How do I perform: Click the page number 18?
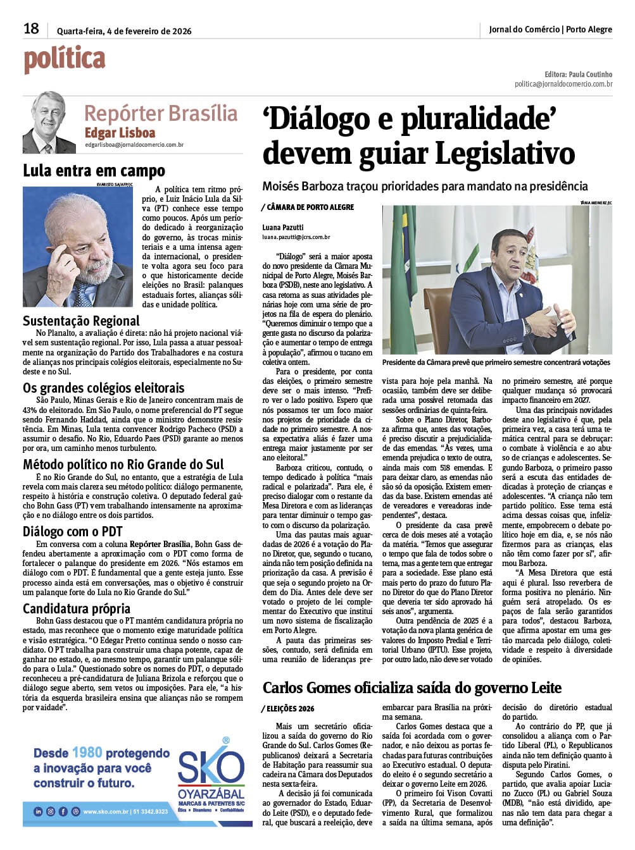(x=31, y=28)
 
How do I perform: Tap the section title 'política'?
(x=65, y=59)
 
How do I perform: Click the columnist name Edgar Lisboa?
(x=120, y=133)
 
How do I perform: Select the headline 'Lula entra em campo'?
(x=94, y=171)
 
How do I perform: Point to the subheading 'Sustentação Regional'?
(x=81, y=321)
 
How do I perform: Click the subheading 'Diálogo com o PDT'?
(x=72, y=532)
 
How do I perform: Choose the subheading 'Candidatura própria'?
(x=77, y=609)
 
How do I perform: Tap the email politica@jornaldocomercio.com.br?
(x=563, y=83)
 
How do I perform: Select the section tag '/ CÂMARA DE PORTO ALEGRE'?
(x=308, y=207)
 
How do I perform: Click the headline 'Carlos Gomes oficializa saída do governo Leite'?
(x=412, y=688)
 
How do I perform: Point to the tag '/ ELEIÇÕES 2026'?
(x=288, y=709)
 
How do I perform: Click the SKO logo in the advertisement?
(x=210, y=770)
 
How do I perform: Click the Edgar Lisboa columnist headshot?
(x=49, y=123)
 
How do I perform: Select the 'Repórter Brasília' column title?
(x=161, y=113)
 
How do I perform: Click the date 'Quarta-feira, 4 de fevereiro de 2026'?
(x=124, y=30)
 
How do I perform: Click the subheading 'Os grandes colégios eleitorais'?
(x=104, y=388)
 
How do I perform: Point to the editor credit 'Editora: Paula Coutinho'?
(x=578, y=74)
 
